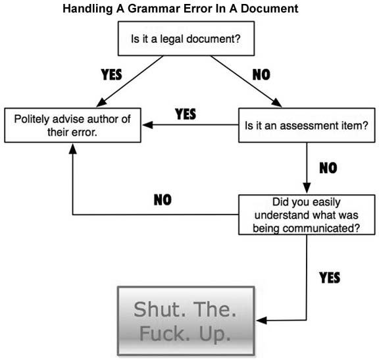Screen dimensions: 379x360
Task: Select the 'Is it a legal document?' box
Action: coord(186,38)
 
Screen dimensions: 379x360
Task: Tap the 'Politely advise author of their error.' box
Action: coord(72,125)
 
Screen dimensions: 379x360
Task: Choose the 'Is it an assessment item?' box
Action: coord(307,125)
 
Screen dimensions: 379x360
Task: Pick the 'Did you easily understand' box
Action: coord(307,215)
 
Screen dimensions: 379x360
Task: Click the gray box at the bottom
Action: coord(186,321)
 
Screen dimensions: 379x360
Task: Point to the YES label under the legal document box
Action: coord(111,74)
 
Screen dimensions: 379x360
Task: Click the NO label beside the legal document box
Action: coord(261,74)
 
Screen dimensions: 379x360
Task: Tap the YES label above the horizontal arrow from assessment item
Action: coord(186,114)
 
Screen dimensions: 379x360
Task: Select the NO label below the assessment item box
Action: coord(328,168)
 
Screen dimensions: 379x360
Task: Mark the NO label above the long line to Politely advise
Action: coord(163,200)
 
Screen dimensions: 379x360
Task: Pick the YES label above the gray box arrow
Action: coord(330,278)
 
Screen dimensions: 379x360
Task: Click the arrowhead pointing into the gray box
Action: coord(261,321)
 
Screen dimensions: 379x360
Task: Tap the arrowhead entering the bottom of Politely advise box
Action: coord(73,149)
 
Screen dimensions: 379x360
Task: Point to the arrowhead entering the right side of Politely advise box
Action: coord(147,125)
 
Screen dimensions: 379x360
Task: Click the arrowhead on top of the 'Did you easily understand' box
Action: coord(307,188)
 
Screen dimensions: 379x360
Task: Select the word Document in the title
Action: coord(270,9)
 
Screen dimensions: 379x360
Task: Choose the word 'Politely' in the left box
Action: coord(32,119)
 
